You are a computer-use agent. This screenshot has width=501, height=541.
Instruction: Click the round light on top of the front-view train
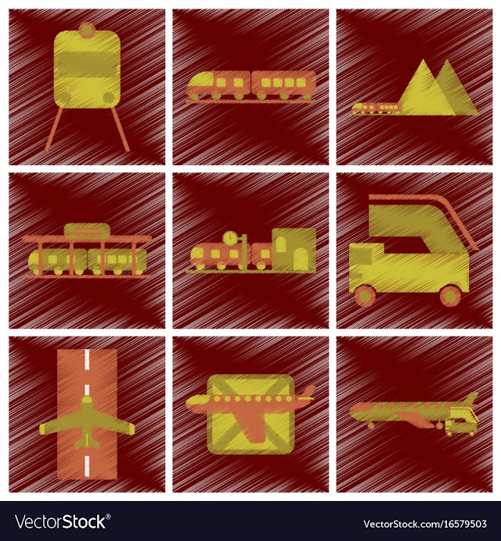click(87, 31)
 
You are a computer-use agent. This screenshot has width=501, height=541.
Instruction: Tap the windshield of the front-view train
click(86, 64)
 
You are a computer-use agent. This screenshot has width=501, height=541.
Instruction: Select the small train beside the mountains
click(376, 108)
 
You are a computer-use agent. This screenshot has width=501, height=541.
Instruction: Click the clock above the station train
click(230, 238)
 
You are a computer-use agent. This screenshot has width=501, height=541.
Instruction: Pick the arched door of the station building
click(300, 259)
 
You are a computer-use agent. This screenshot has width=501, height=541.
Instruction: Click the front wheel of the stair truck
click(364, 296)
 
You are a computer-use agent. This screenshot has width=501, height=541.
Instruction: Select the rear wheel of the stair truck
click(450, 296)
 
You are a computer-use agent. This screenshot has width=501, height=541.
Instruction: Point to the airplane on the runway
click(87, 423)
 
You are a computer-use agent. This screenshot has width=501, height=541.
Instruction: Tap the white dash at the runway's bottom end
click(87, 466)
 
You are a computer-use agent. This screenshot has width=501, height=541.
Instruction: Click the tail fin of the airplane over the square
click(308, 391)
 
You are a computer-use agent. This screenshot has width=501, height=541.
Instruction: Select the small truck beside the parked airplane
click(461, 422)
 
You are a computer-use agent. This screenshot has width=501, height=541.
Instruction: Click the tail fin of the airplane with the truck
click(471, 399)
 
